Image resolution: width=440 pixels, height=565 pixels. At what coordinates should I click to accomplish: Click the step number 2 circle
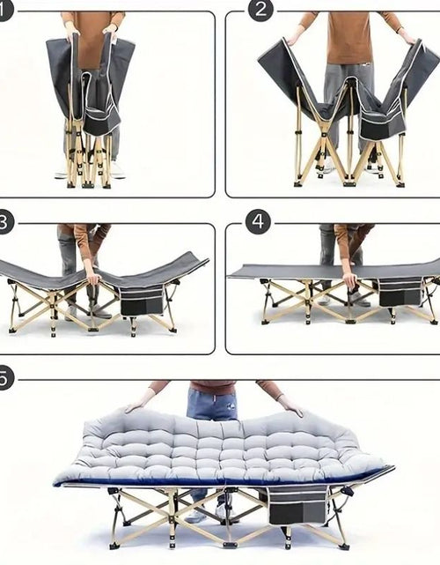coord(260,10)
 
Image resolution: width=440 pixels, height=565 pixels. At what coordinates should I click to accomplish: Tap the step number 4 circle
coord(259,222)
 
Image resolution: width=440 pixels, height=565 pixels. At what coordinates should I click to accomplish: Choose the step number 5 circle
coord(4,378)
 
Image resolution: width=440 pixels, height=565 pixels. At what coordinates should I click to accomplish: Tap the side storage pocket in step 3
coord(142,301)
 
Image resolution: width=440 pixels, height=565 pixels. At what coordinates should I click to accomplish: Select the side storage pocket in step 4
coord(400,293)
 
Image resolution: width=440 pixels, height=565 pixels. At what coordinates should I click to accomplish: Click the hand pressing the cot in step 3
coord(93,277)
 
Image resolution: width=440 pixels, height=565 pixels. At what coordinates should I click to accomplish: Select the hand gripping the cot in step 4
coord(349,279)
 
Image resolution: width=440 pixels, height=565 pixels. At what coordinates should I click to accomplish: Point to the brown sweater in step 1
coord(92,40)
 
